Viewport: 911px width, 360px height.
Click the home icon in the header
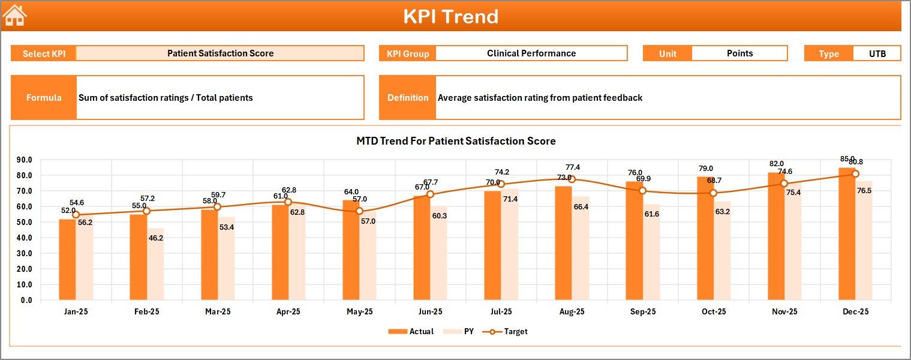tap(15, 16)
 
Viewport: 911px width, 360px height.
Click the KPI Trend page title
tap(450, 16)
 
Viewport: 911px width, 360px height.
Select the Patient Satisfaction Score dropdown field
tap(220, 53)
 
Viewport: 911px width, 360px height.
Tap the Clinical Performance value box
tap(531, 53)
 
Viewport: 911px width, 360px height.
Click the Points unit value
tap(739, 53)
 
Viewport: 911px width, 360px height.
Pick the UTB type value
tap(877, 53)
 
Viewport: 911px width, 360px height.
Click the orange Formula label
tap(44, 98)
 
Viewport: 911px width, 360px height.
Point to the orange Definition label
tap(408, 98)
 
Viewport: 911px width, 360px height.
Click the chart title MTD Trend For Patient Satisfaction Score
tap(456, 141)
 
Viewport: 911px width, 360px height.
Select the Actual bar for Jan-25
tap(67, 259)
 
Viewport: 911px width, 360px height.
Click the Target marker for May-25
tap(359, 211)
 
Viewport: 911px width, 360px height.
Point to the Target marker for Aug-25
tap(572, 179)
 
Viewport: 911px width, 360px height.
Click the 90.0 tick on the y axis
tap(25, 160)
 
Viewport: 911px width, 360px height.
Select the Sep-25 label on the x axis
tap(642, 312)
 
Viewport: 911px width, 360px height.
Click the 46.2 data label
tap(156, 238)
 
